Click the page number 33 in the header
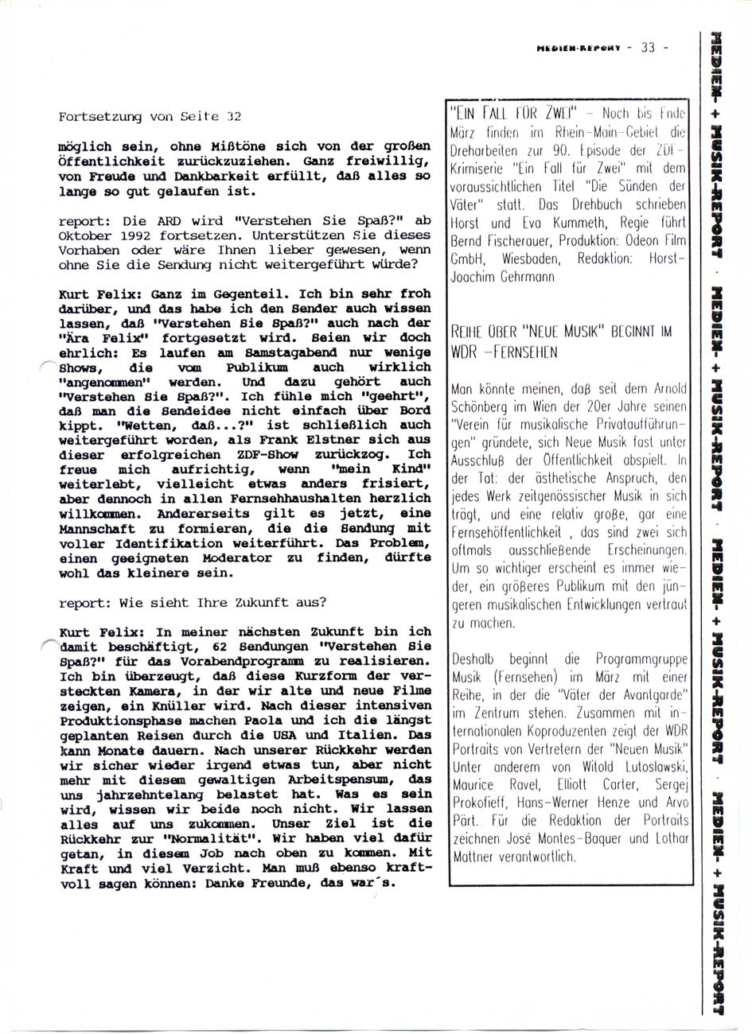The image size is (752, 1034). (645, 47)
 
